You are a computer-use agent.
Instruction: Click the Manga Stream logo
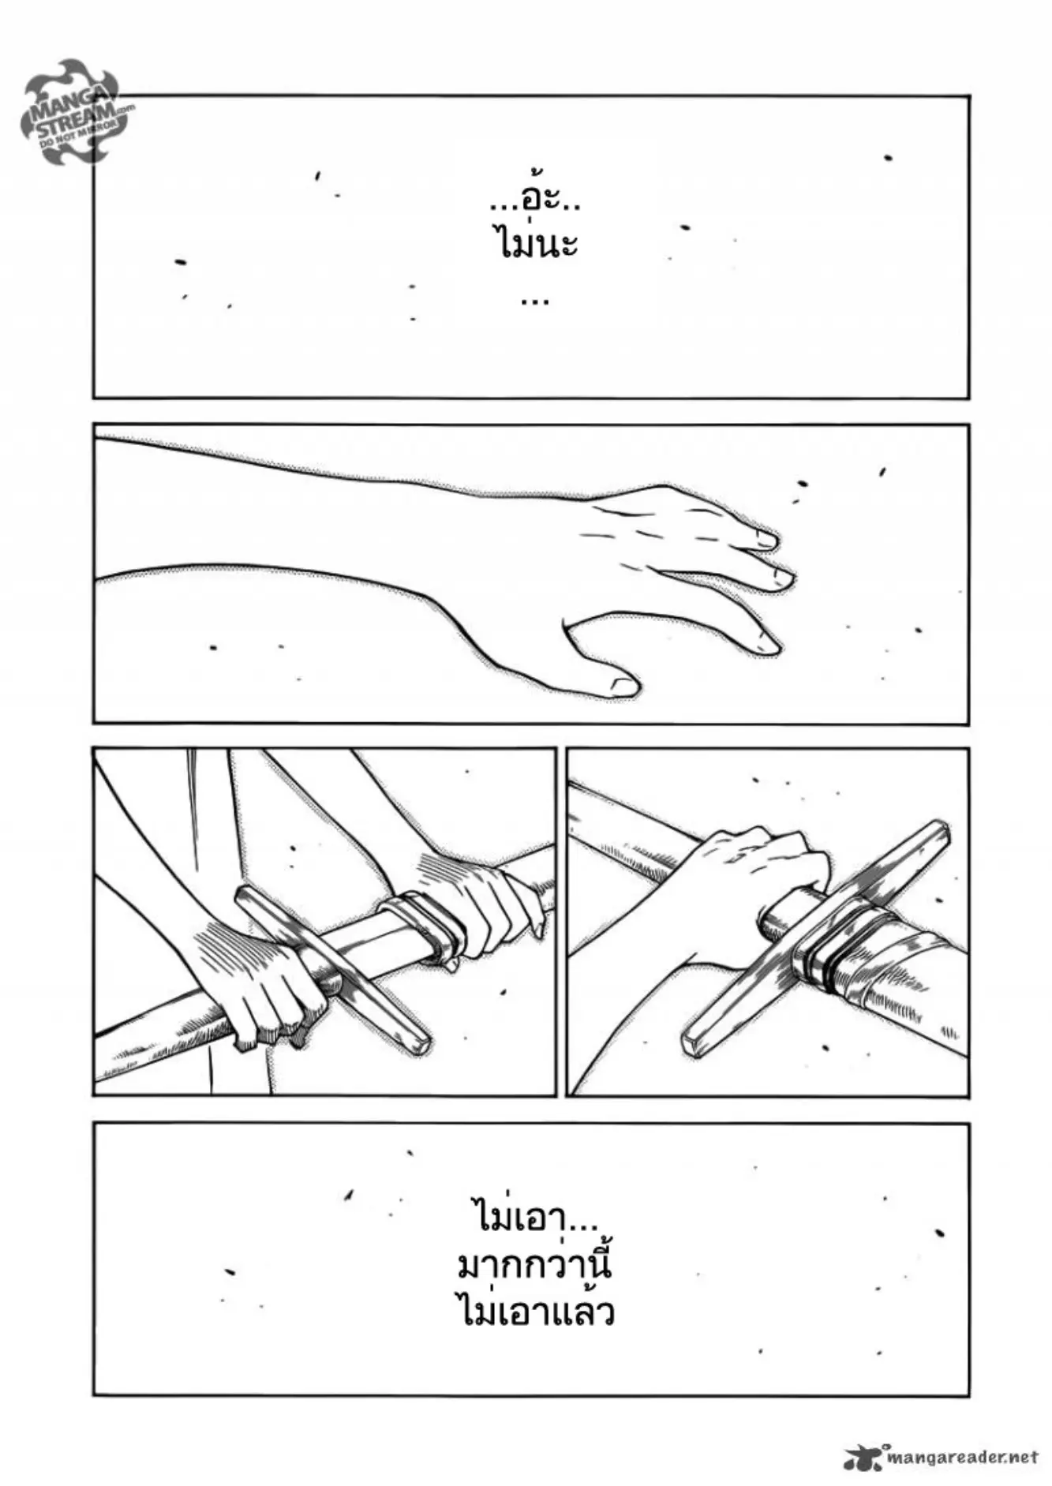click(77, 110)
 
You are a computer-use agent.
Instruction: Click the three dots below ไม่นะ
click(535, 300)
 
